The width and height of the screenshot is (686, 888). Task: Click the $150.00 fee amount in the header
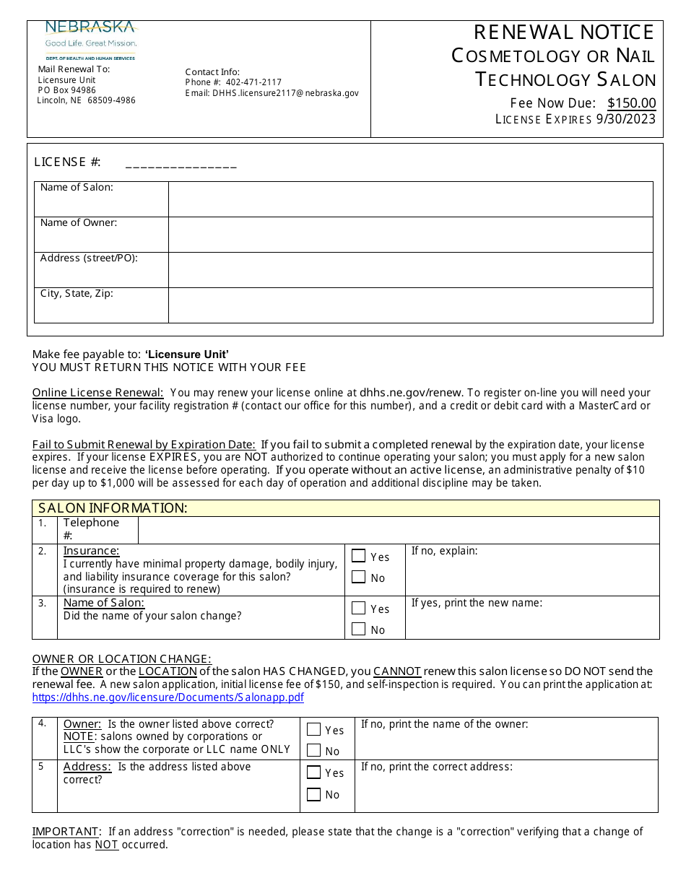pos(632,103)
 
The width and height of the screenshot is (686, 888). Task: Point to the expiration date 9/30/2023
pos(625,119)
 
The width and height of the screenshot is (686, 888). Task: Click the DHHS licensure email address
pos(285,93)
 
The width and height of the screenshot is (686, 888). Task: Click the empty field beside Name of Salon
pos(410,199)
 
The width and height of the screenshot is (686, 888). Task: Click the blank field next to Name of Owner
pos(410,234)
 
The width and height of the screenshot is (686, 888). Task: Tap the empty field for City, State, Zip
pos(410,305)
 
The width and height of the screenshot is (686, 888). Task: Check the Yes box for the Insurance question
pos(358,556)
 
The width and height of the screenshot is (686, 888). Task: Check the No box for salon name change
pos(358,630)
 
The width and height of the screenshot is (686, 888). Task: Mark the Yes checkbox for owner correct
pos(313,729)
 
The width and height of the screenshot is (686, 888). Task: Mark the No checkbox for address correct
pos(313,794)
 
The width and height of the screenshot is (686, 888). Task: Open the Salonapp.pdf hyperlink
pos(168,697)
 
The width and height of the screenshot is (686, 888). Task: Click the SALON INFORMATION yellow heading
pos(113,508)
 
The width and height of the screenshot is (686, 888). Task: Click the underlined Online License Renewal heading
pos(98,393)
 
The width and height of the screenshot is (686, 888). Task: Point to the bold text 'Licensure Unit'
pos(187,354)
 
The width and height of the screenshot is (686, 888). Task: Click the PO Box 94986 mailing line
pos(66,90)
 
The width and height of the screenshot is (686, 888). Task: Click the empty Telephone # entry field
pos(398,530)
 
